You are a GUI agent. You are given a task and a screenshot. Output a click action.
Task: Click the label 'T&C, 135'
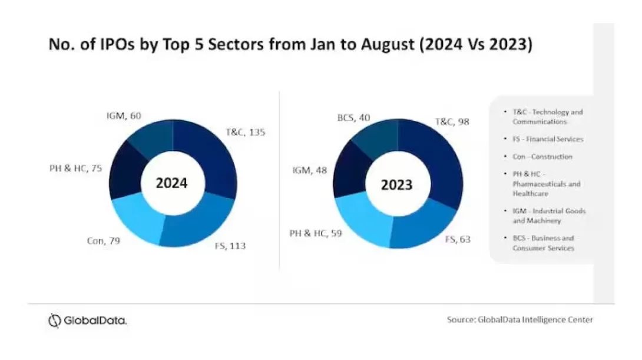pos(246,132)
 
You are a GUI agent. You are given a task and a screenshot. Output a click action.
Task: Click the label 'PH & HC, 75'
pos(76,168)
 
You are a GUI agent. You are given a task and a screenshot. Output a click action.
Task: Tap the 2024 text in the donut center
pos(171,184)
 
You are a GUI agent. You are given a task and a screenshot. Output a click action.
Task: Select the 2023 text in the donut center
pos(396,185)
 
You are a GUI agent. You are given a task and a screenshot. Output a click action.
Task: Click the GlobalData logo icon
pos(54,321)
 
